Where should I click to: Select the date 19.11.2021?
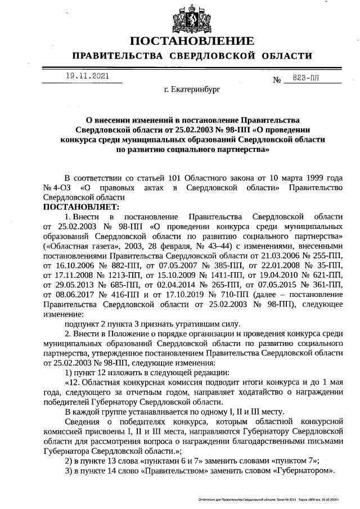point(87,75)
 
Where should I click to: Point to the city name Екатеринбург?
point(192,89)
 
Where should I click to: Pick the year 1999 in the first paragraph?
point(308,178)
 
